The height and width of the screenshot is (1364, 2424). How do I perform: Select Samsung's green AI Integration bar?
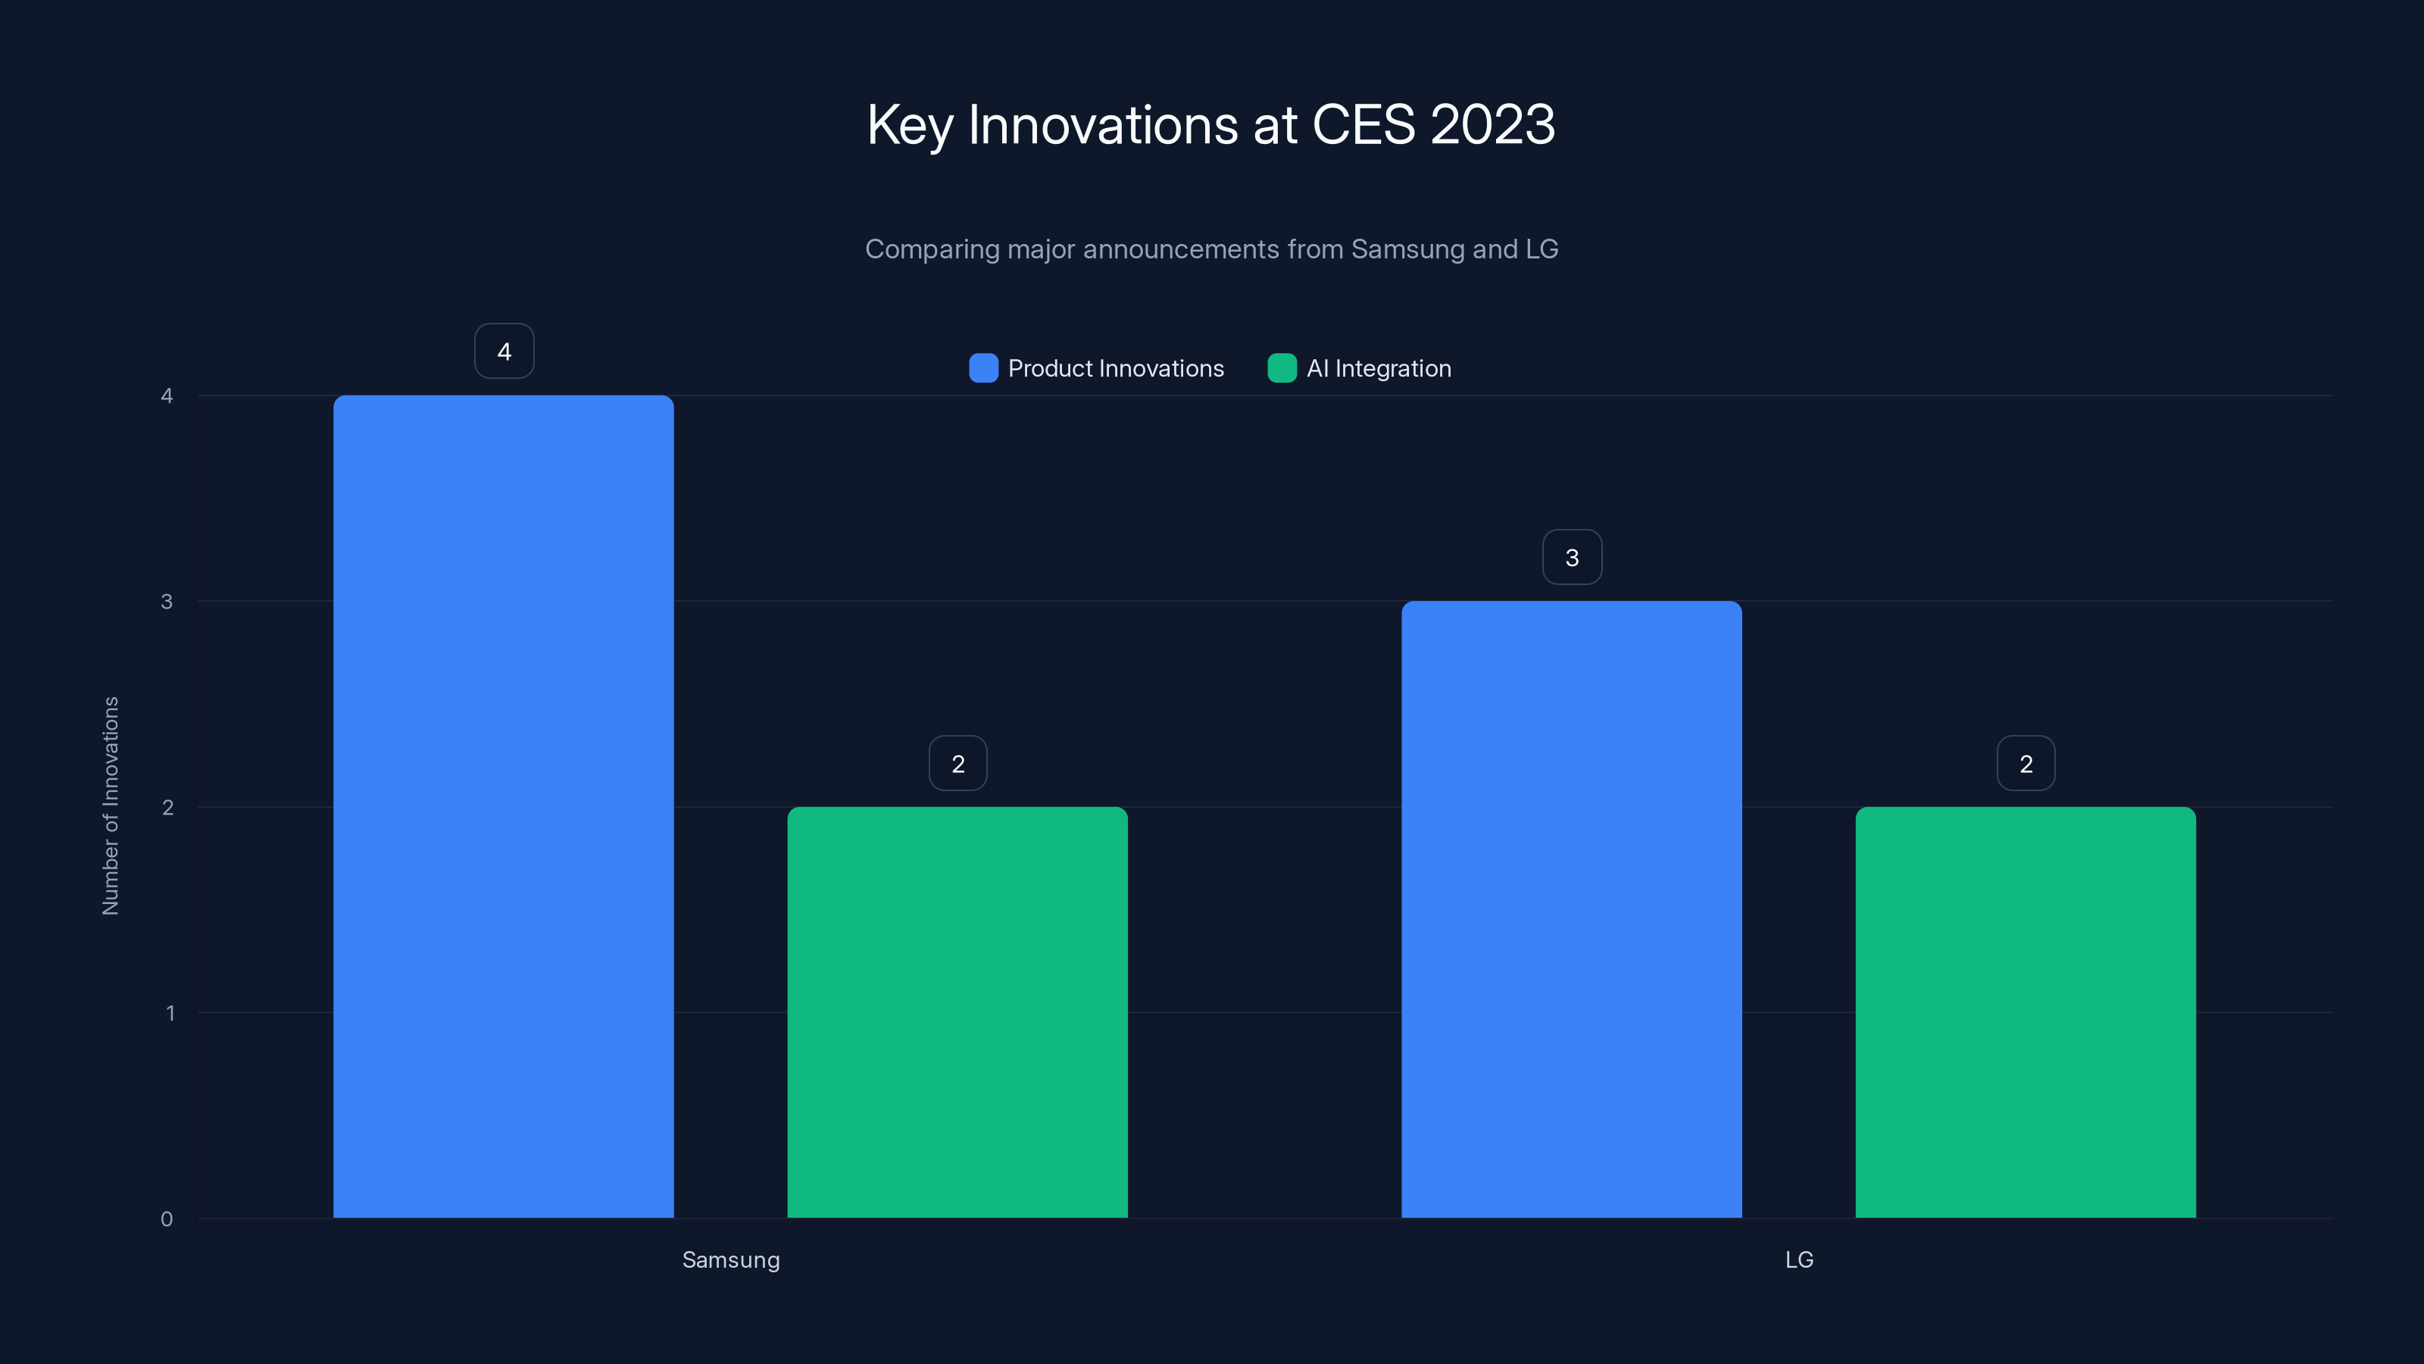point(957,1012)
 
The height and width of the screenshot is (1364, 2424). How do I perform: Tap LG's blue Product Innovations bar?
point(1572,909)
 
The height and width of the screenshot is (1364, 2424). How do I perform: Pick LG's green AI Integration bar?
point(2025,1012)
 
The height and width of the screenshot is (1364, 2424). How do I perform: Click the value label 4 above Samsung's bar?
point(504,351)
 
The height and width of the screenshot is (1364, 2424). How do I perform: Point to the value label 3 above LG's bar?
point(1572,557)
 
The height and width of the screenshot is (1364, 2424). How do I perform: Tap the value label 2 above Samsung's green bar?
point(958,763)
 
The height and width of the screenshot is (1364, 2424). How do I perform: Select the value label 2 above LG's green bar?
point(2026,763)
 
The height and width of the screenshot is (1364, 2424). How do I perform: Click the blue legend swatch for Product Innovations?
point(983,368)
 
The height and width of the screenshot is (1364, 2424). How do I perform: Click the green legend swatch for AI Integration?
point(1282,368)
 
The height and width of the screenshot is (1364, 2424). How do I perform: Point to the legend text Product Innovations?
point(1116,368)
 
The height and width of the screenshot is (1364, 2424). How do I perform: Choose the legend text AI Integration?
point(1379,368)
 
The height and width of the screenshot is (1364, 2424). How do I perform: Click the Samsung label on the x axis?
point(731,1259)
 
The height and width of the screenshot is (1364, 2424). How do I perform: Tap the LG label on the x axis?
point(1799,1259)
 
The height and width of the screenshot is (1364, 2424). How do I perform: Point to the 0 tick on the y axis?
point(167,1219)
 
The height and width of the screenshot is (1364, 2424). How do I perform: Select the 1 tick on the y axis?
point(170,1013)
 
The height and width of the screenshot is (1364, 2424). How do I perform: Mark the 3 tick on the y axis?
point(167,602)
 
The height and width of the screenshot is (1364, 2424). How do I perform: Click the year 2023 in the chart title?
point(1492,124)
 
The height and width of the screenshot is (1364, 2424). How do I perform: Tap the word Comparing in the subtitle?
point(932,249)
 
